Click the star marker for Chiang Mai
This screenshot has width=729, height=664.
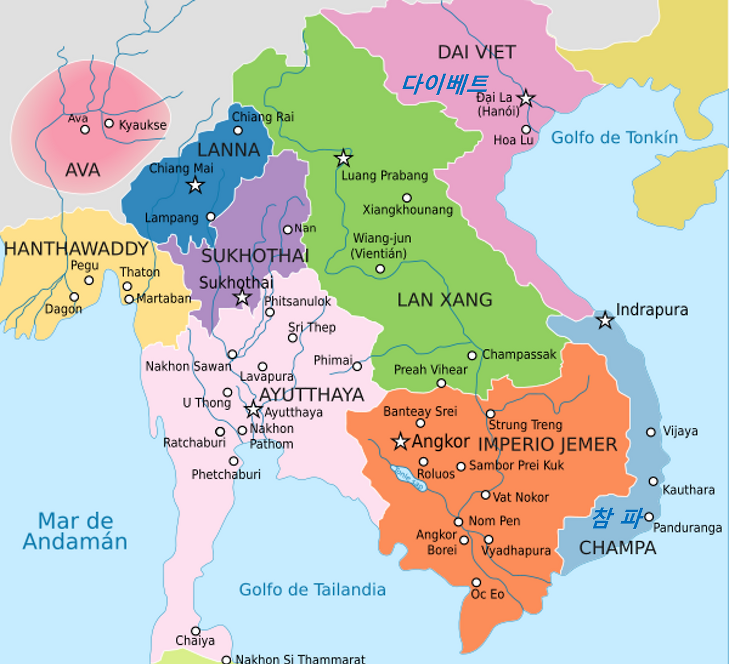pyautogui.click(x=195, y=185)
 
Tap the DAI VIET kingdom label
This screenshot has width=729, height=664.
pyautogui.click(x=477, y=52)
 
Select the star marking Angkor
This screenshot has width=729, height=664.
pyautogui.click(x=400, y=442)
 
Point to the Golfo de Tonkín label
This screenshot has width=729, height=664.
pyautogui.click(x=615, y=138)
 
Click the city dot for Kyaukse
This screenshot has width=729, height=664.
pyautogui.click(x=109, y=123)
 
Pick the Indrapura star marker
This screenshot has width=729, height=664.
pyautogui.click(x=605, y=320)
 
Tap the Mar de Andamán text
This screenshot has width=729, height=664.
pyautogui.click(x=75, y=531)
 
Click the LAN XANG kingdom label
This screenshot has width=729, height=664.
pyautogui.click(x=445, y=300)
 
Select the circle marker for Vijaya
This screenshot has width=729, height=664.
pyautogui.click(x=651, y=432)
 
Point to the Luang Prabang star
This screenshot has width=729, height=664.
pyautogui.click(x=343, y=158)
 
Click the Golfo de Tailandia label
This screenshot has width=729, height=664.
pyautogui.click(x=312, y=589)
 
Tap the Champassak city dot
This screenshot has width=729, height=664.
pyautogui.click(x=472, y=356)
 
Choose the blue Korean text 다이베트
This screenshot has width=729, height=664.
pyautogui.click(x=445, y=84)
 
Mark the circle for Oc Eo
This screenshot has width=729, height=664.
pyautogui.click(x=477, y=582)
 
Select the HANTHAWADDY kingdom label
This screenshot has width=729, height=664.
pyautogui.click(x=76, y=249)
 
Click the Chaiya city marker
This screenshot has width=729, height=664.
pyautogui.click(x=195, y=631)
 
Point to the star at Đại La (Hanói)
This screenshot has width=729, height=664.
pyautogui.click(x=526, y=98)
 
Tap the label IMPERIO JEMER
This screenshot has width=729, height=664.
pyautogui.click(x=547, y=444)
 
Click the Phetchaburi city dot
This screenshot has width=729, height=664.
pyautogui.click(x=234, y=461)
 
